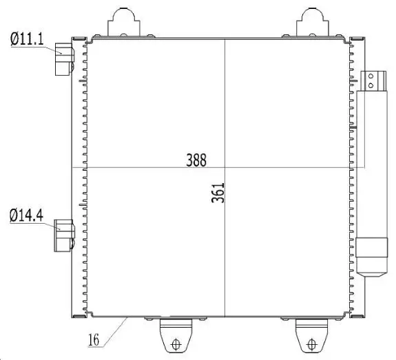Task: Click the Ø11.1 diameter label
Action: click(27, 39)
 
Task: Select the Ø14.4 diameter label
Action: click(27, 215)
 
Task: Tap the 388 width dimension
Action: click(196, 160)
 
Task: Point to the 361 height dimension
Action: click(218, 193)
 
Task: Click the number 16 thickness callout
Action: click(94, 339)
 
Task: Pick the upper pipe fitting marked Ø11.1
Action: click(65, 59)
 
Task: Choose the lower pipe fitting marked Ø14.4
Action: click(65, 235)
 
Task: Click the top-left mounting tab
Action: click(124, 23)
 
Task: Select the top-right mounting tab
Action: click(313, 23)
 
